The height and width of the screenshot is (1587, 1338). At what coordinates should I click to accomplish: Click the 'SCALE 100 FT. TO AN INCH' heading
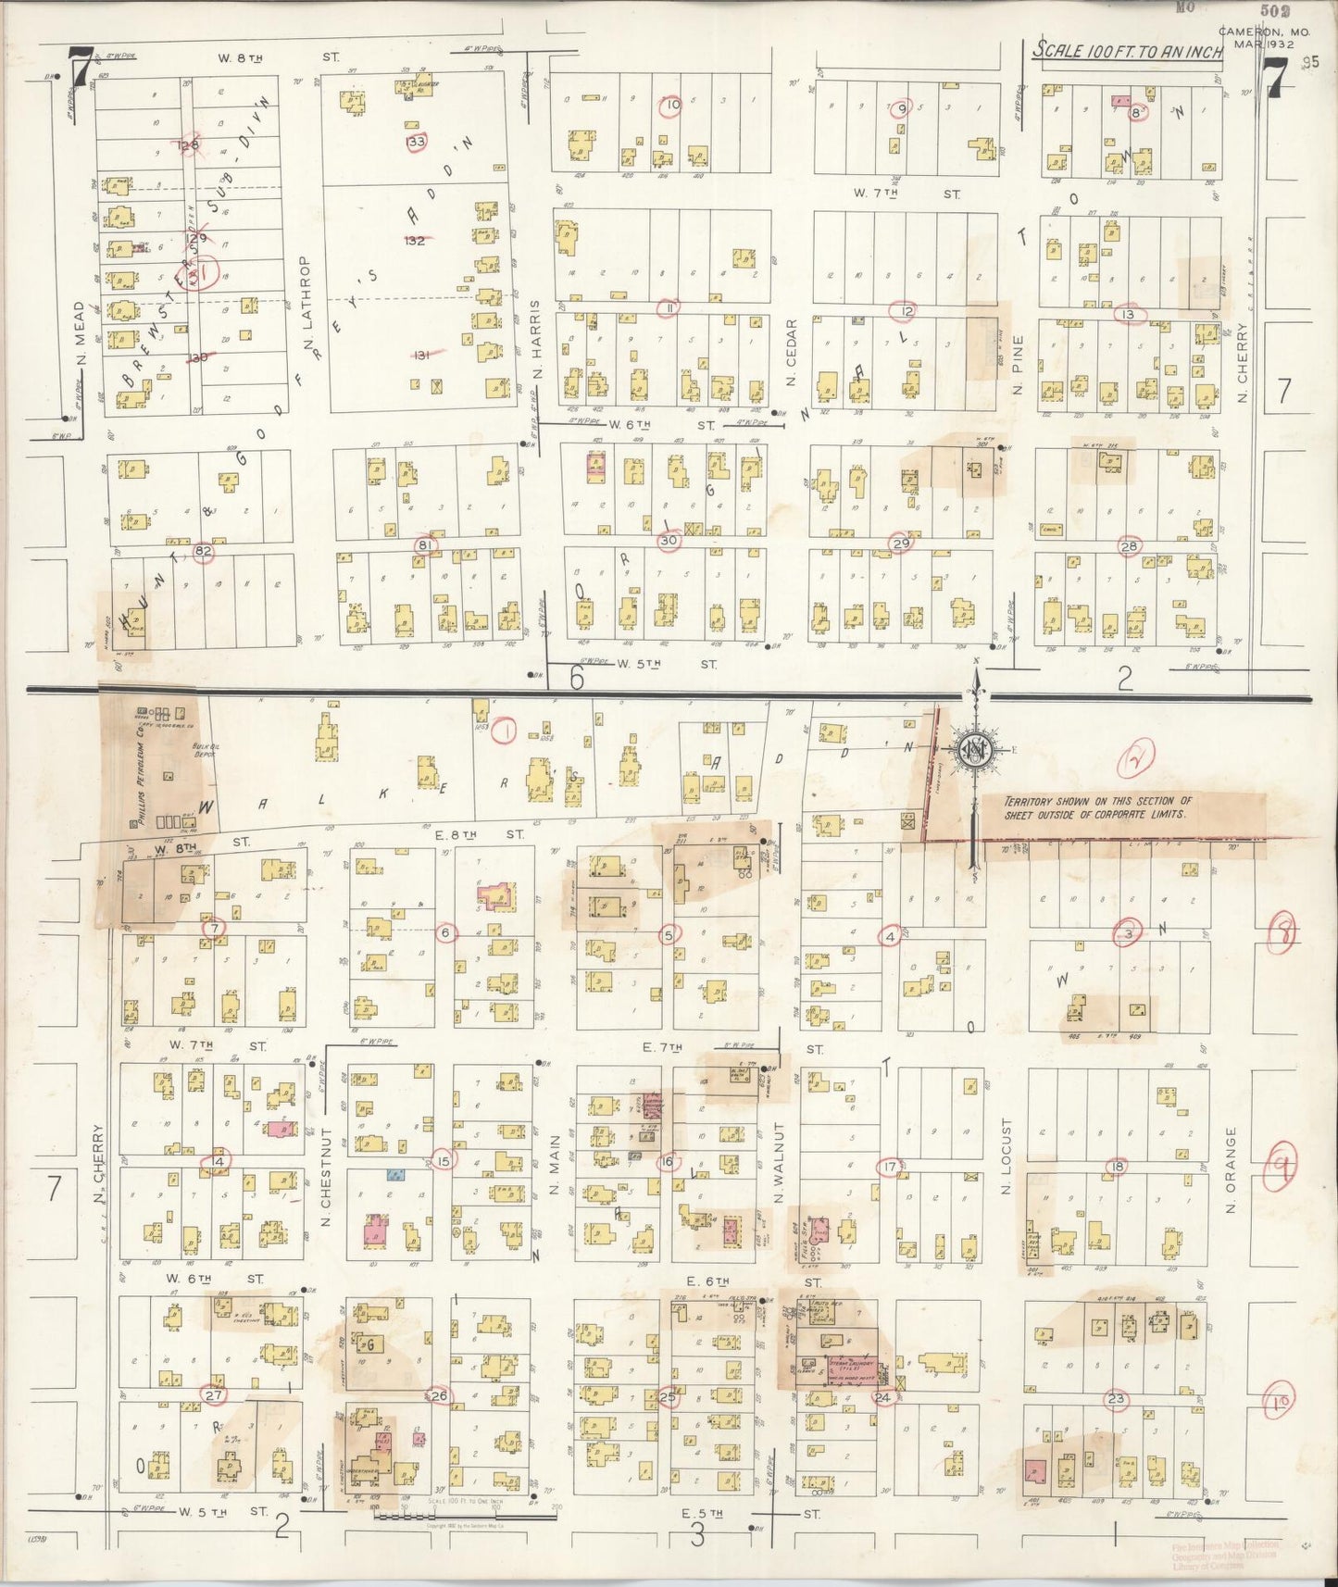pos(1127,51)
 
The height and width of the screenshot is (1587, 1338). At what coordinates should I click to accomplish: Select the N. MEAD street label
pos(80,333)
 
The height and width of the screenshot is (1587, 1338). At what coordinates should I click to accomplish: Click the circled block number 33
pos(417,142)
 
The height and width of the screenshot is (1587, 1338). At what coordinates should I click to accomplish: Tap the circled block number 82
pos(204,552)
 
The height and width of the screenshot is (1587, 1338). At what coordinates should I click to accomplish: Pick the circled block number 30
pos(669,541)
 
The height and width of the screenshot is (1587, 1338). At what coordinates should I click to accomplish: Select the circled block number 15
pos(444,1161)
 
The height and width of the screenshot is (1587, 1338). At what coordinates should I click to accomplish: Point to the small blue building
pos(395,1175)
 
